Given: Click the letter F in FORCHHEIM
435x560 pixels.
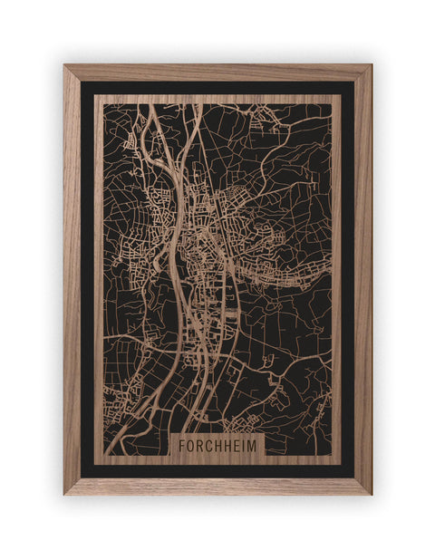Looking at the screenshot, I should click(x=182, y=446).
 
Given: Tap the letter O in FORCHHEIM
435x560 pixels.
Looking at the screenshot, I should click(x=191, y=446).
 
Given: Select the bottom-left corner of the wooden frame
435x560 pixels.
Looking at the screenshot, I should click(x=65, y=493).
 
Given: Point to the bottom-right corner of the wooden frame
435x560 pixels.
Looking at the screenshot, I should click(x=370, y=493).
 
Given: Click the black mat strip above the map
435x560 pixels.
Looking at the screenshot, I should click(x=217, y=88).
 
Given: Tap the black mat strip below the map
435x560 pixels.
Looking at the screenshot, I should click(x=217, y=469).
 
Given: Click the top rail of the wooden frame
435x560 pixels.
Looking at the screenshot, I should click(x=217, y=72).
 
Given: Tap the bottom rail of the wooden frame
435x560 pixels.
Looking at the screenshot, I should click(x=217, y=486).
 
